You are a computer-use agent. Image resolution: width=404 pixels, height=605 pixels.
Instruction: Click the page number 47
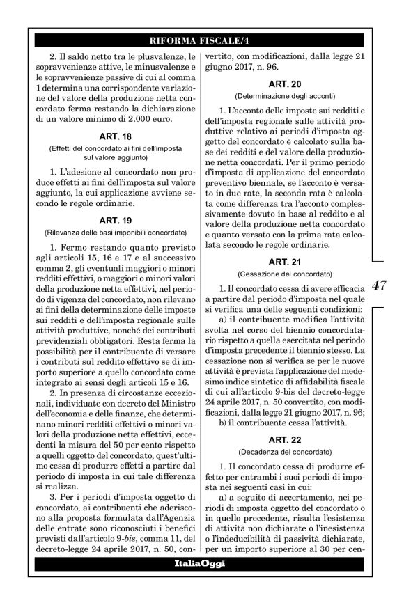point(380,285)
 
